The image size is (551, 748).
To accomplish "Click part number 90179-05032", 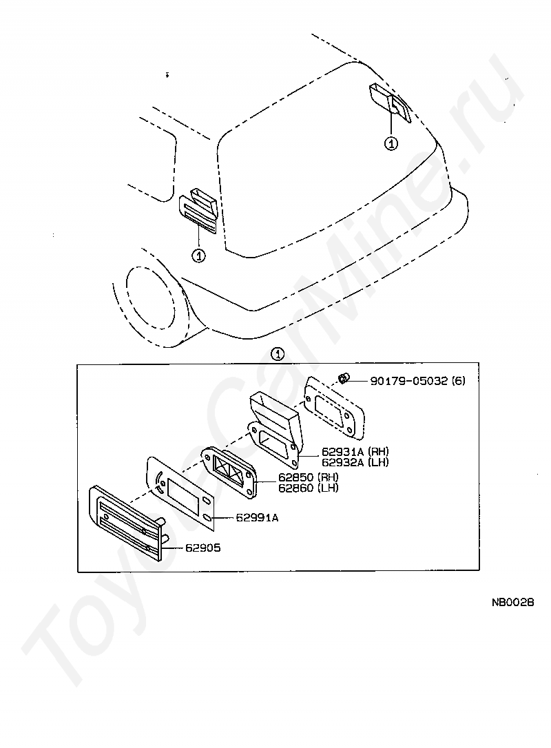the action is [409, 380].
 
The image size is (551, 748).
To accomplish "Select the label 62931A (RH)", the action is [354, 452].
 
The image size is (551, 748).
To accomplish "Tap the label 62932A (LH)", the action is [354, 462].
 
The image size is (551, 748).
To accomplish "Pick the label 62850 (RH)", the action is [308, 477].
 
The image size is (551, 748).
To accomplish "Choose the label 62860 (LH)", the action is [308, 488].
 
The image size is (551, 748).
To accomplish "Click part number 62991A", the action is [257, 517].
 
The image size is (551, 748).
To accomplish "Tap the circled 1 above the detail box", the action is [277, 355].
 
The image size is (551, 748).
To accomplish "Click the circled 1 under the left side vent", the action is [198, 256].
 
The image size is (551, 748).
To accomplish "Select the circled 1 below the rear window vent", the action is [391, 143].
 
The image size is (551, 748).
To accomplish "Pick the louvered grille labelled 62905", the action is [127, 522].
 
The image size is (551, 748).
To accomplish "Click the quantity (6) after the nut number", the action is [458, 380].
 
